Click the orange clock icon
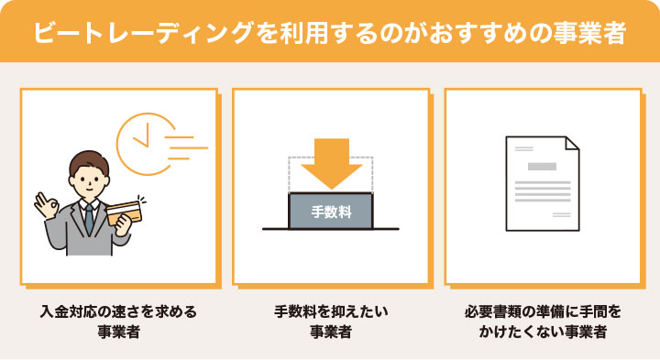click(x=143, y=135)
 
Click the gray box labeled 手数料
click(x=330, y=212)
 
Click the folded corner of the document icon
click(x=569, y=146)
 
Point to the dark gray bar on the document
click(x=542, y=167)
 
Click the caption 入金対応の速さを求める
click(x=118, y=311)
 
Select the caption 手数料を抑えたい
click(x=331, y=311)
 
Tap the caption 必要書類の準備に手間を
click(x=543, y=311)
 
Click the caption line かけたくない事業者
click(x=543, y=333)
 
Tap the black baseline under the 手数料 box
click(x=330, y=229)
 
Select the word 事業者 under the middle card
click(x=331, y=333)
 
